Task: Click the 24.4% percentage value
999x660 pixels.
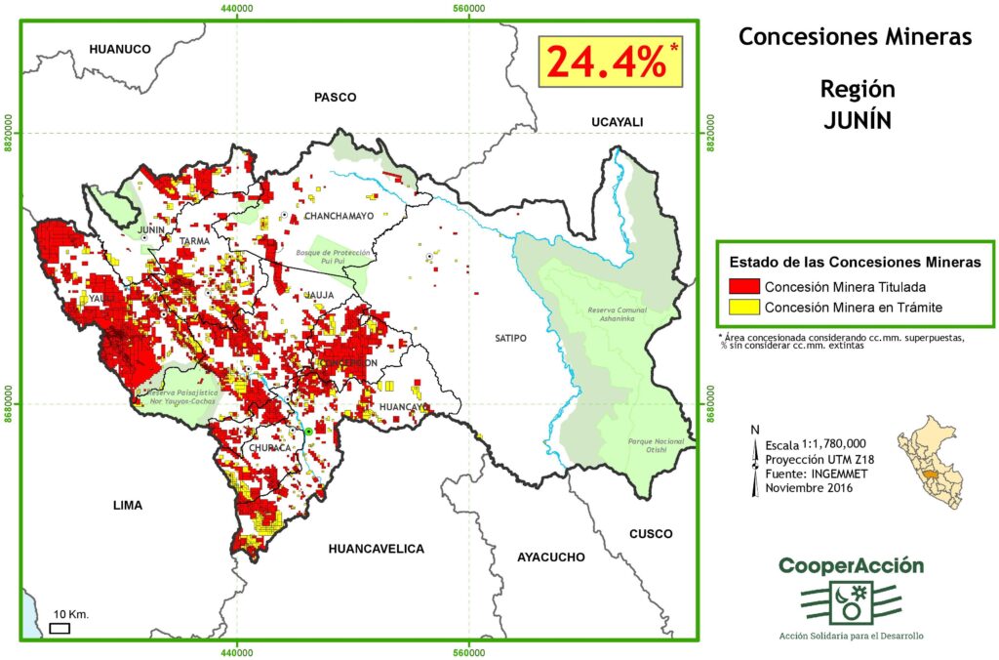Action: point(605,62)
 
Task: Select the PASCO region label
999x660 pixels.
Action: point(335,97)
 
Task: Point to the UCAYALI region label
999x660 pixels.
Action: point(617,121)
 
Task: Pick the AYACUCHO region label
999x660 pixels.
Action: point(551,557)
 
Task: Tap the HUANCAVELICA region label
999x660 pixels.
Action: point(377,549)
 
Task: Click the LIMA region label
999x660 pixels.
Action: point(127,505)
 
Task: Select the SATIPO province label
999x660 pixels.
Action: point(509,338)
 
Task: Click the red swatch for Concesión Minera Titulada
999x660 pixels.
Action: point(744,287)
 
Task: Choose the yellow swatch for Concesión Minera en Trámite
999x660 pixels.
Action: point(744,309)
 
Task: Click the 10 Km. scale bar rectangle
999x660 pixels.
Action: point(60,628)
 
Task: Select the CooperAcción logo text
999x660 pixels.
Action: point(850,566)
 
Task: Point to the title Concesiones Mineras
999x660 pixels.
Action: point(855,37)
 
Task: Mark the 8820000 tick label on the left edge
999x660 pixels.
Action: point(11,134)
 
